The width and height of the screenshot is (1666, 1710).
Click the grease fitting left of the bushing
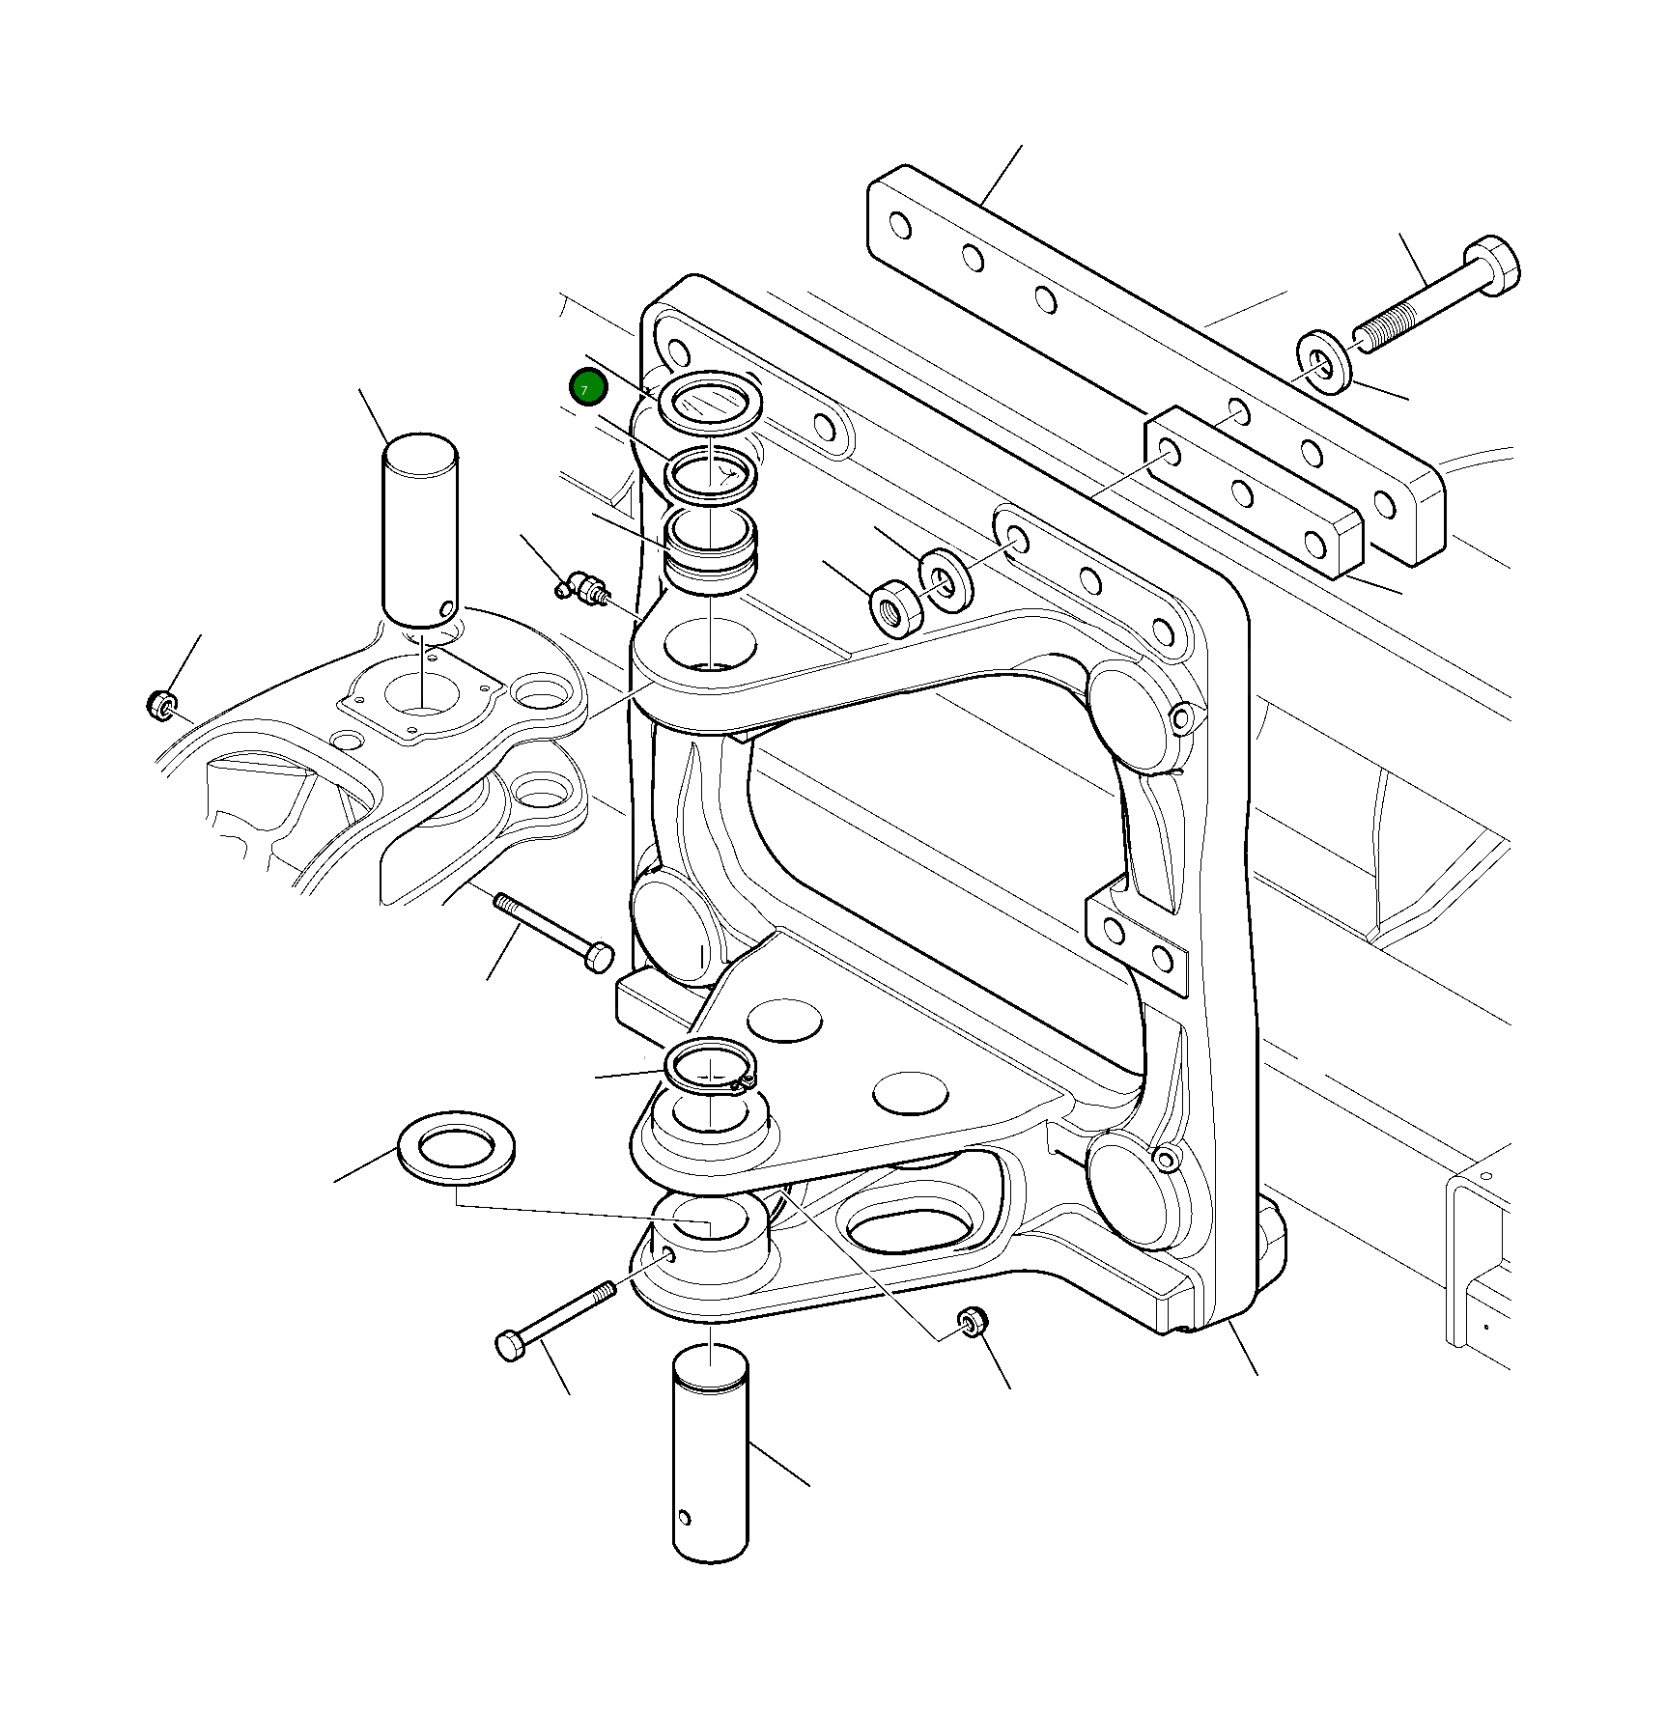point(582,586)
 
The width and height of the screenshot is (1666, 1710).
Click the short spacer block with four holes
point(1254,492)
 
